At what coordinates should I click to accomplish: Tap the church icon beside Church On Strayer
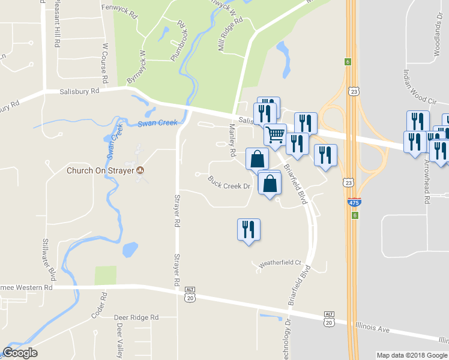(141, 170)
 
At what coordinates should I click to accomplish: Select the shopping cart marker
(275, 134)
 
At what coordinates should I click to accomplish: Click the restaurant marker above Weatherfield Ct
(249, 229)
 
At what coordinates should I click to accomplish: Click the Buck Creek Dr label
(229, 182)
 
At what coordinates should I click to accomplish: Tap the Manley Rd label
(232, 140)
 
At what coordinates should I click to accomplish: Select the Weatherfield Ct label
(279, 263)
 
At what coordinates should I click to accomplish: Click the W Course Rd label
(105, 62)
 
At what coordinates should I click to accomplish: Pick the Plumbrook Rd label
(178, 40)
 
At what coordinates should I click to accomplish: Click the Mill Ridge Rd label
(230, 34)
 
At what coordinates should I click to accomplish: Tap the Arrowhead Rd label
(427, 181)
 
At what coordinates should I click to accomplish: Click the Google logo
(20, 353)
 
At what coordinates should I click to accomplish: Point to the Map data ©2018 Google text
(411, 355)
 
